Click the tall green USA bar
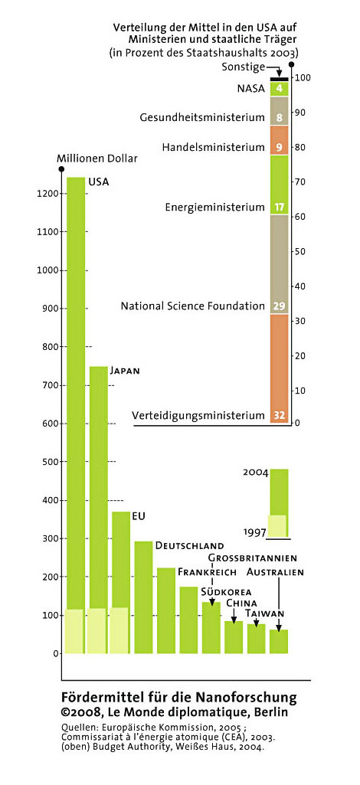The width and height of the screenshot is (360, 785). pyautogui.click(x=76, y=415)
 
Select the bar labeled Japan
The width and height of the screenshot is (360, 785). pyautogui.click(x=98, y=509)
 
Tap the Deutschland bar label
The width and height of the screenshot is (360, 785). pyautogui.click(x=189, y=545)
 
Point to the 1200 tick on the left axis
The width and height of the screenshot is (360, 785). pyautogui.click(x=49, y=194)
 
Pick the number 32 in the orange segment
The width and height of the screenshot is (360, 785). pyautogui.click(x=280, y=416)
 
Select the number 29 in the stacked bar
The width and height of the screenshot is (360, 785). pyautogui.click(x=280, y=306)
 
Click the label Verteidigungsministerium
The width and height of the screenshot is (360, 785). pyautogui.click(x=198, y=416)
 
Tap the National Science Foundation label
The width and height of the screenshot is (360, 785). pyautogui.click(x=193, y=306)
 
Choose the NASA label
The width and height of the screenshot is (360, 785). pyautogui.click(x=251, y=90)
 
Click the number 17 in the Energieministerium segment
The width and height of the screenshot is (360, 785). pyautogui.click(x=280, y=207)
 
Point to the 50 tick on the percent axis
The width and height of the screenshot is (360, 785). pyautogui.click(x=299, y=252)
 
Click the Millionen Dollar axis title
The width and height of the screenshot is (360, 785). pyautogui.click(x=97, y=159)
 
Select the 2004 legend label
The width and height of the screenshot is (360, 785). pyautogui.click(x=255, y=472)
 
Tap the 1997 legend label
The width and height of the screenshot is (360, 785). pyautogui.click(x=255, y=532)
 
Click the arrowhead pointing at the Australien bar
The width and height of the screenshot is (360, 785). pyautogui.click(x=278, y=628)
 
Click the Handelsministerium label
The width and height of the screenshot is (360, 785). pyautogui.click(x=213, y=148)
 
